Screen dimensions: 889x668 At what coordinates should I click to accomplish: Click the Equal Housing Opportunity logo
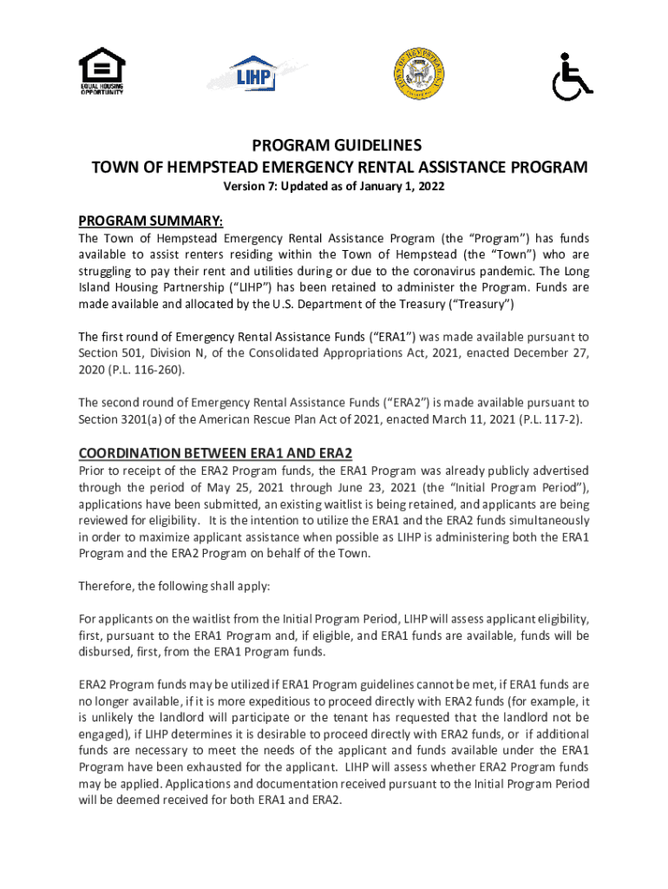(102, 73)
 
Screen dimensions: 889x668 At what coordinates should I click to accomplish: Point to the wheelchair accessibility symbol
(573, 77)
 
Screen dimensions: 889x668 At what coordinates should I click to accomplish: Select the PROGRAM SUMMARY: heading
(151, 220)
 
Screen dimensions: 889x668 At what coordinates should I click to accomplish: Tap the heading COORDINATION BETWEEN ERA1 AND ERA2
(215, 453)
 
